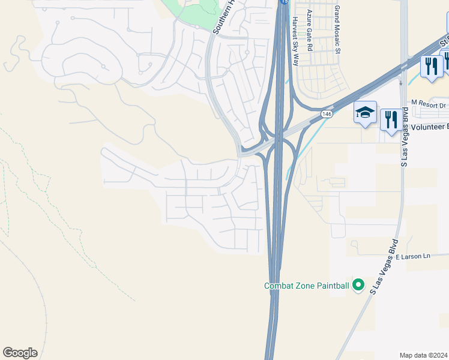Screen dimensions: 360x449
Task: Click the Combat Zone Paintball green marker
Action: click(358, 285)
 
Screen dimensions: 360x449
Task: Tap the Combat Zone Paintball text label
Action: click(306, 286)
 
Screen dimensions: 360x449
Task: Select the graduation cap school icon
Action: click(365, 113)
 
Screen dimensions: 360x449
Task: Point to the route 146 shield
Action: click(327, 113)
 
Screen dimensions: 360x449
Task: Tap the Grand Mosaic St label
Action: click(337, 30)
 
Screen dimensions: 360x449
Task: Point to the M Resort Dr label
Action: click(429, 105)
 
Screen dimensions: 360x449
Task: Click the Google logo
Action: click(20, 353)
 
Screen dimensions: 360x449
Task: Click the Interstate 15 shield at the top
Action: click(284, 2)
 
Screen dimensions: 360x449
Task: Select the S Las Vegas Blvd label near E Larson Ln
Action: click(384, 267)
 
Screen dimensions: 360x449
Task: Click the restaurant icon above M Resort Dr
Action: click(431, 66)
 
